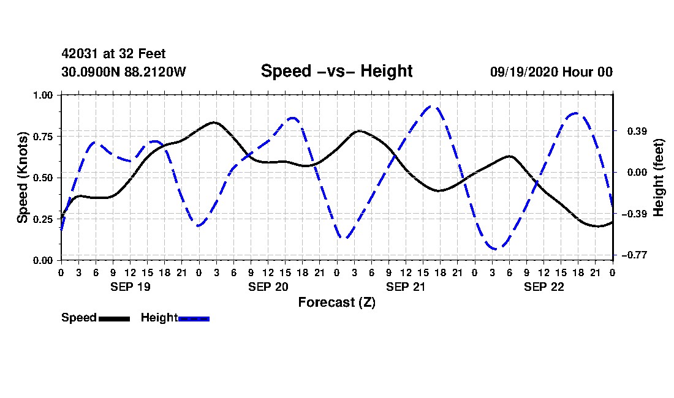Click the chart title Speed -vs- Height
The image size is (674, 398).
point(336,71)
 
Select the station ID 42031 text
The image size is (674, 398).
point(80,54)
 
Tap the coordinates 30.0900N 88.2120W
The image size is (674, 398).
point(124,72)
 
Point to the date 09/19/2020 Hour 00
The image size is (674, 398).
point(551,72)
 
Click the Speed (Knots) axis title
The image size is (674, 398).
point(22,178)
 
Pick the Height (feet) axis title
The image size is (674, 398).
point(659,178)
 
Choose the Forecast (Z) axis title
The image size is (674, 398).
point(336,302)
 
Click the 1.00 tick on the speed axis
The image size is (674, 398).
point(43,95)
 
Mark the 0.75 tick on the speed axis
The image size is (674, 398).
point(43,136)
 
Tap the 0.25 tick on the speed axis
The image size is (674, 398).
point(43,219)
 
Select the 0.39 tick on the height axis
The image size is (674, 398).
point(637,131)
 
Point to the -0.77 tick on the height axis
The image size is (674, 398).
point(634,255)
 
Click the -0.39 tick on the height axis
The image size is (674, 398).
point(634,213)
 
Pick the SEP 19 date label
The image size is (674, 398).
point(131,287)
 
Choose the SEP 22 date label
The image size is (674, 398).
point(543,287)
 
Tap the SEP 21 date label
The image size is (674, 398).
point(406,287)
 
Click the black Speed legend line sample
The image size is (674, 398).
point(115,318)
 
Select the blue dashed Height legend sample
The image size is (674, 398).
point(194,318)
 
